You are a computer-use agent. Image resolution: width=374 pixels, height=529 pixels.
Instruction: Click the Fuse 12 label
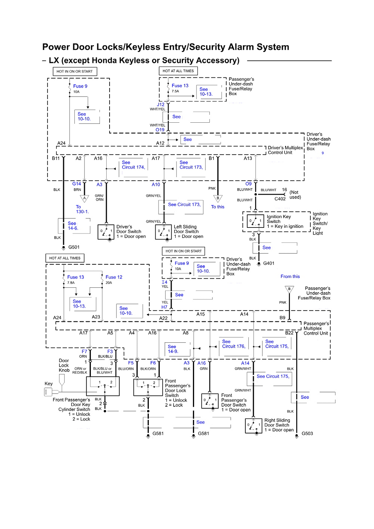click(x=114, y=277)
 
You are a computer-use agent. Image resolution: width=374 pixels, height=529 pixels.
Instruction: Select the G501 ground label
click(x=74, y=247)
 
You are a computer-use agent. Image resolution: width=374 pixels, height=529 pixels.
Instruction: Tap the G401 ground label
click(x=269, y=263)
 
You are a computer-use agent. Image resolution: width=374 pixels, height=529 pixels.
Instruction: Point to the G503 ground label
click(x=307, y=434)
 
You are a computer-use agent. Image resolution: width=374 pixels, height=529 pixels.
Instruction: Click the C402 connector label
click(x=280, y=199)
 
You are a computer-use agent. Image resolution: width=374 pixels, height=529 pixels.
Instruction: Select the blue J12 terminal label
click(x=160, y=105)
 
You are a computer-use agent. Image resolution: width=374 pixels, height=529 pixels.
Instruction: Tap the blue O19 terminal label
click(x=160, y=130)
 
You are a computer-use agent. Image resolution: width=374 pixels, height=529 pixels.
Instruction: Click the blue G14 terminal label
click(x=76, y=184)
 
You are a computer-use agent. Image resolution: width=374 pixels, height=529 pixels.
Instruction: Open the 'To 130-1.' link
click(x=82, y=209)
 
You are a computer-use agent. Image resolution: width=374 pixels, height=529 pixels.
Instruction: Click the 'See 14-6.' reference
click(x=73, y=226)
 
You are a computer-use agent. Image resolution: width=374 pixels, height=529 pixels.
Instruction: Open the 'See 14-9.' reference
click(x=173, y=349)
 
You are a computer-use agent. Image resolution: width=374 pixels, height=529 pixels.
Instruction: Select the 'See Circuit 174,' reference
click(x=133, y=165)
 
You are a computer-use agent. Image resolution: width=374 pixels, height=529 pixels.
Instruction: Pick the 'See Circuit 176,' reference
click(x=233, y=344)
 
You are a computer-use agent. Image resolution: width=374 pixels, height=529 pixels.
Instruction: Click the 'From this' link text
click(x=290, y=276)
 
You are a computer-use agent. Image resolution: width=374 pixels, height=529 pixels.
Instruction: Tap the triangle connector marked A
click(x=85, y=198)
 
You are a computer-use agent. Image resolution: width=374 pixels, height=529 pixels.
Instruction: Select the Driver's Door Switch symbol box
click(x=106, y=232)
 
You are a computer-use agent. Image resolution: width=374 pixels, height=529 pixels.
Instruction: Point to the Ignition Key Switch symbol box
click(x=255, y=221)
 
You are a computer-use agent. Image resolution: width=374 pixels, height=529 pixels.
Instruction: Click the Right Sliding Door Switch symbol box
click(x=253, y=426)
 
